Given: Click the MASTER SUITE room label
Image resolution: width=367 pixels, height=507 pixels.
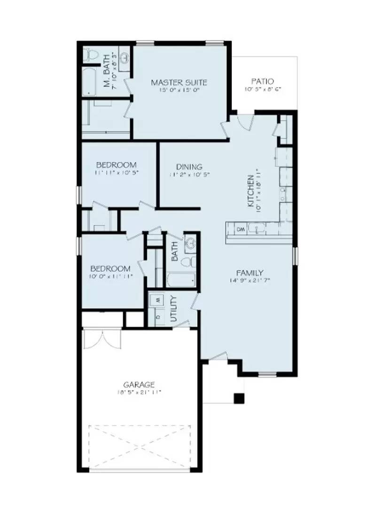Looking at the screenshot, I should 179,83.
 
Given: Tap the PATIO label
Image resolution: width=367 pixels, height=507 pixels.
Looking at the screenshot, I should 262,81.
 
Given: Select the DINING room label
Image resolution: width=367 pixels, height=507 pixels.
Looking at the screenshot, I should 189,167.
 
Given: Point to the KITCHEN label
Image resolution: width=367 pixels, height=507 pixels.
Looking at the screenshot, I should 251,187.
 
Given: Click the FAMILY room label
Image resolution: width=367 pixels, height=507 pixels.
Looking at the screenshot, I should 249,273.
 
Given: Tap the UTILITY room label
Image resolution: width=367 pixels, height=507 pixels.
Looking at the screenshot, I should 173,308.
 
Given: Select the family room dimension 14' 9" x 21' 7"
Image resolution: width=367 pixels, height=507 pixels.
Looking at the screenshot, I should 249,280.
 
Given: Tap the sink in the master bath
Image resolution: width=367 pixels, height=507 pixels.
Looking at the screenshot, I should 125,58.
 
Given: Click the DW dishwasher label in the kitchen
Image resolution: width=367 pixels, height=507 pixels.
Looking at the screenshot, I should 241,229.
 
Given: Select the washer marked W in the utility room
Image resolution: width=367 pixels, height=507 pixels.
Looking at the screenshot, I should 157,299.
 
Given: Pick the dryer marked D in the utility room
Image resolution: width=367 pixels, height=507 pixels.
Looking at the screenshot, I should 157,316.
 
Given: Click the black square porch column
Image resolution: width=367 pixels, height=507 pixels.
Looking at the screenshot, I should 239,398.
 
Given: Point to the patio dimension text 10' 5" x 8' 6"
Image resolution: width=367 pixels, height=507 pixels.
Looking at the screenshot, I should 262,89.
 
